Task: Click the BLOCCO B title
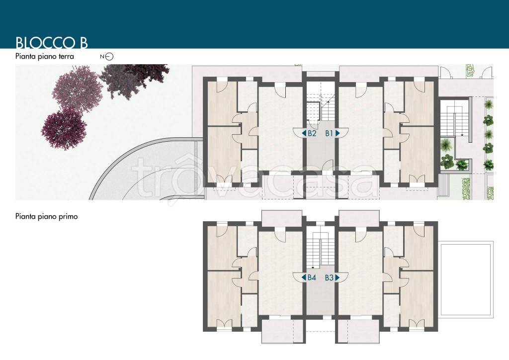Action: tap(52, 43)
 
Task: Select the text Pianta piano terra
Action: tap(44, 57)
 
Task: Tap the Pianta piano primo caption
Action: tap(46, 216)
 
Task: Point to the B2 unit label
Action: tap(312, 133)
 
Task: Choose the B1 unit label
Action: tap(330, 133)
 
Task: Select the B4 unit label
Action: tap(312, 277)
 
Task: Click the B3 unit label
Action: tap(329, 277)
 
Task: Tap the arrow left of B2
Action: tap(304, 133)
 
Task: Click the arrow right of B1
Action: tap(338, 133)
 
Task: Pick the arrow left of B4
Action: tap(304, 277)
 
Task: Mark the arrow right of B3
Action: tap(338, 277)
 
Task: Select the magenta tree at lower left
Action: tap(64, 128)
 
